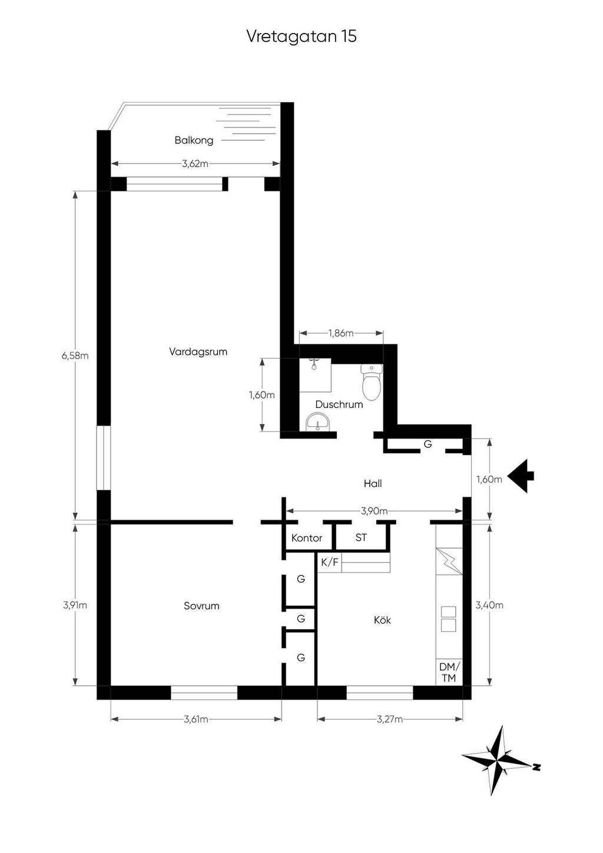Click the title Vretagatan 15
click(301, 36)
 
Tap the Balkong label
click(194, 140)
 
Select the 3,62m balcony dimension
click(196, 164)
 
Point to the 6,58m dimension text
click(75, 356)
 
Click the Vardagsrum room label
click(198, 351)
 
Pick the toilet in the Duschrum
click(372, 382)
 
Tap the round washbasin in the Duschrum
click(317, 422)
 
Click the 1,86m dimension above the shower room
click(342, 333)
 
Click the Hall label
click(373, 484)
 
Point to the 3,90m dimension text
click(375, 511)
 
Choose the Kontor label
click(307, 538)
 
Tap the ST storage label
click(361, 537)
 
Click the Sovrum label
click(201, 606)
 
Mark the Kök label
click(382, 620)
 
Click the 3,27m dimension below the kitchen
click(390, 719)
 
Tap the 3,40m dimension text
click(489, 605)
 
